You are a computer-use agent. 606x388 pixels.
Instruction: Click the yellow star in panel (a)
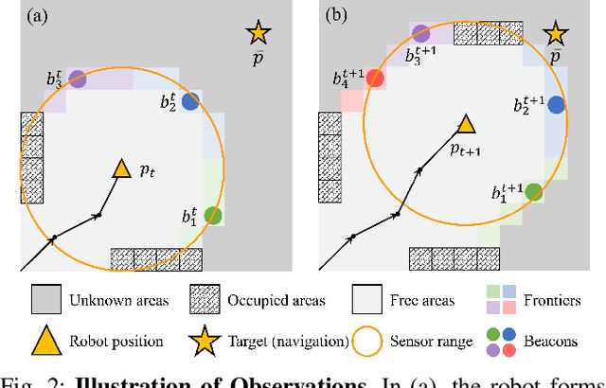point(258,33)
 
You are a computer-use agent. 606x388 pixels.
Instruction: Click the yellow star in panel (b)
point(555,34)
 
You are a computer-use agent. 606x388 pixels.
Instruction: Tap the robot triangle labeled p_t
point(121,168)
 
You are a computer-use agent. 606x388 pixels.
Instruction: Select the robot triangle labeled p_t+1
point(465,124)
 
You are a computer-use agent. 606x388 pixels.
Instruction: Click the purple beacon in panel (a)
point(78,80)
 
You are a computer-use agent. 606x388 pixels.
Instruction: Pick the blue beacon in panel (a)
point(190,101)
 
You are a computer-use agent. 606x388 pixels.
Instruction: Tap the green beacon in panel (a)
point(213,216)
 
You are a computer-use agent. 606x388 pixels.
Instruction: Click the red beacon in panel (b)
point(375,79)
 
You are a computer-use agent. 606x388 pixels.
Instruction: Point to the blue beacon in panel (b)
point(555,105)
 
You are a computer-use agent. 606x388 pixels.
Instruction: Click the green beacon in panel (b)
point(534,192)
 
